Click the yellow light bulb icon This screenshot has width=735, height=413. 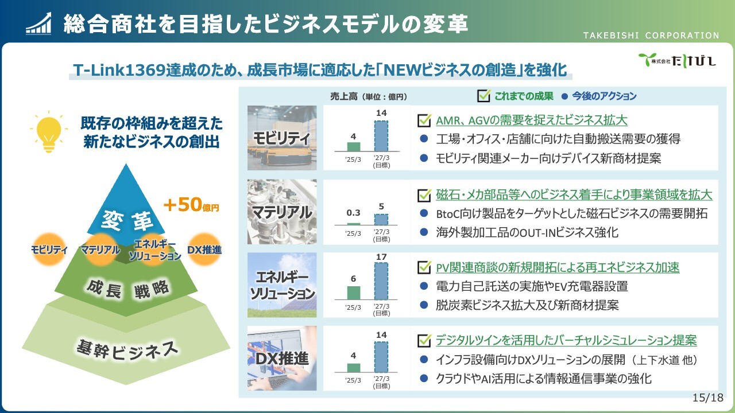49,132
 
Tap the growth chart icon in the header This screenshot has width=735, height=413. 38,24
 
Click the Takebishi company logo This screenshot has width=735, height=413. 677,60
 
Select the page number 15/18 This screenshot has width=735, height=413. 707,398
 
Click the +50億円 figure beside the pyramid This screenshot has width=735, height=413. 191,205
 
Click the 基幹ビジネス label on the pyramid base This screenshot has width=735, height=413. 127,350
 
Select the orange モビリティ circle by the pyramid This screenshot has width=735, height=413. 49,250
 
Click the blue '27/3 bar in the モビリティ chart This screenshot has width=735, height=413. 381,136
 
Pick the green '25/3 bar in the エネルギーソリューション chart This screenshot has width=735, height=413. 353,293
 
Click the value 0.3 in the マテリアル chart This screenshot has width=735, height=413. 353,213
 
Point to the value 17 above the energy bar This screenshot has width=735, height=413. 381,257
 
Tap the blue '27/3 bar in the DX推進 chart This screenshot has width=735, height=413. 381,357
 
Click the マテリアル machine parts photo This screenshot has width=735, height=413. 282,212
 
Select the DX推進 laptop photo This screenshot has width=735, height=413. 282,358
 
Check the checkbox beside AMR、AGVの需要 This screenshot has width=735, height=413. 424,120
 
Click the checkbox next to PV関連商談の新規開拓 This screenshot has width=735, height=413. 424,267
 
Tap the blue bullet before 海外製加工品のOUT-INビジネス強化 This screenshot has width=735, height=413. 424,232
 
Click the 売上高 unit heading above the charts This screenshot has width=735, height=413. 369,96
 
